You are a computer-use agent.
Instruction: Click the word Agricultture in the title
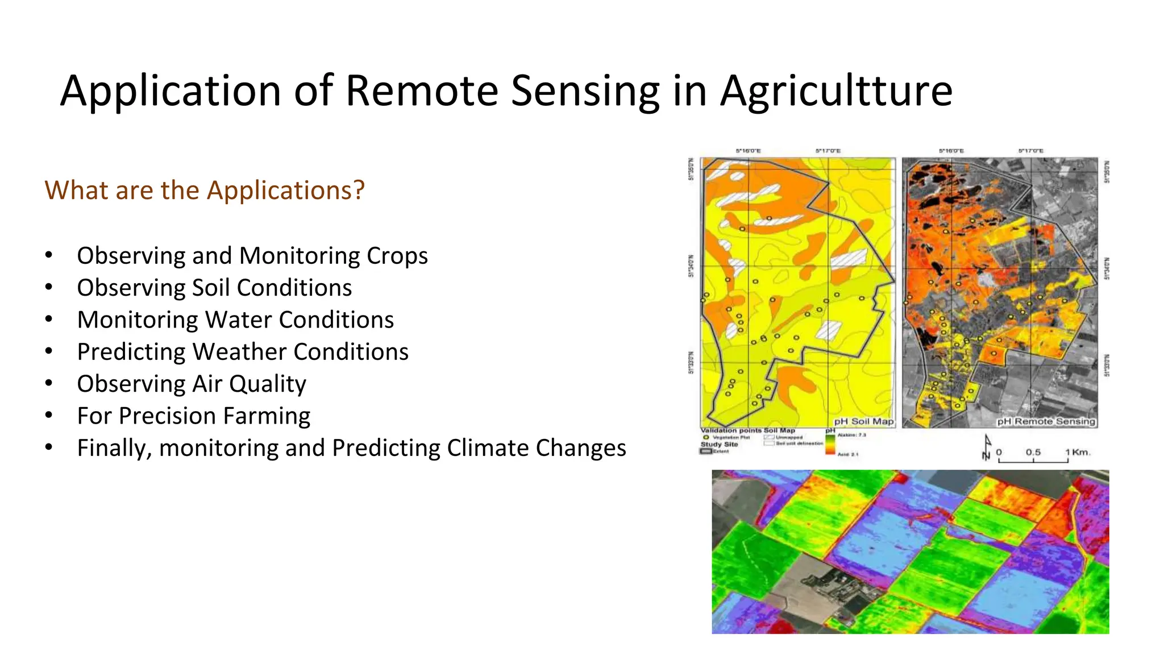pos(835,91)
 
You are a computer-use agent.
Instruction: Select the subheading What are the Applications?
pos(205,190)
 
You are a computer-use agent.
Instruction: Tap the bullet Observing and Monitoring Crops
pos(252,256)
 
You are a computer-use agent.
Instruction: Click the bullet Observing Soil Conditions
pos(214,288)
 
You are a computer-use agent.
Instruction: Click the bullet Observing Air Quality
pos(192,384)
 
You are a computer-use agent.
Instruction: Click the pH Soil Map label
pos(863,421)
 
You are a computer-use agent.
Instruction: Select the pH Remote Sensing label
pos(1046,421)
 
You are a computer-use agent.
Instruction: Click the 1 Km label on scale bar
pos(1078,453)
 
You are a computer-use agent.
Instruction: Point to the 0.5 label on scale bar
pos(1033,453)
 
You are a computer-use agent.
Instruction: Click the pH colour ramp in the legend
pos(830,444)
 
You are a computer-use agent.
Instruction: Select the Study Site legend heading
pos(719,444)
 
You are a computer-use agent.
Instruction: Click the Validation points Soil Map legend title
pos(747,430)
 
